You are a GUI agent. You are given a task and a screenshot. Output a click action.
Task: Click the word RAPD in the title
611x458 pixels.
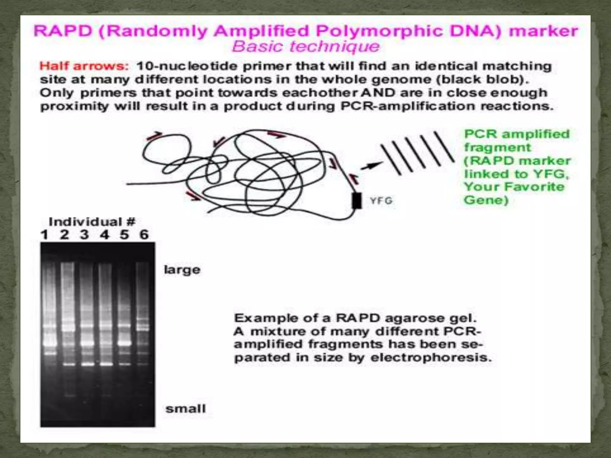tap(63, 31)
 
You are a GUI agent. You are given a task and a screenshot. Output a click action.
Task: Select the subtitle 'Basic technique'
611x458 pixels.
tap(306, 47)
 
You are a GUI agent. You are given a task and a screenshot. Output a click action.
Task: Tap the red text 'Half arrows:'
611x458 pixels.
tap(84, 66)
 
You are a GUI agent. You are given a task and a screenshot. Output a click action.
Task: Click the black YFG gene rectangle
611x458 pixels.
tap(357, 201)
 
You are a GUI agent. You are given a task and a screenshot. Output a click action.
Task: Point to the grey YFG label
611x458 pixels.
tap(381, 201)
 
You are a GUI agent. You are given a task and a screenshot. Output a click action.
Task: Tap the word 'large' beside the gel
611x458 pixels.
tap(182, 270)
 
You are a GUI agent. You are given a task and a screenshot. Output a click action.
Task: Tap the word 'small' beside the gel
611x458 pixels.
tap(186, 409)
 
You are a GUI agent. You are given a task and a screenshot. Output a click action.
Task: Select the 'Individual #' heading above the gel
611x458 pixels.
tap(92, 222)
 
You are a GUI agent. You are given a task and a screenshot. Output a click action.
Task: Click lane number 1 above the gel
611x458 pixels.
tap(44, 235)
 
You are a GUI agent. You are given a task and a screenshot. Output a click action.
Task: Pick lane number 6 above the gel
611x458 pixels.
tap(144, 235)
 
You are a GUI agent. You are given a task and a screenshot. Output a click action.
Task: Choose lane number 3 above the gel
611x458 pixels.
tap(84, 235)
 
